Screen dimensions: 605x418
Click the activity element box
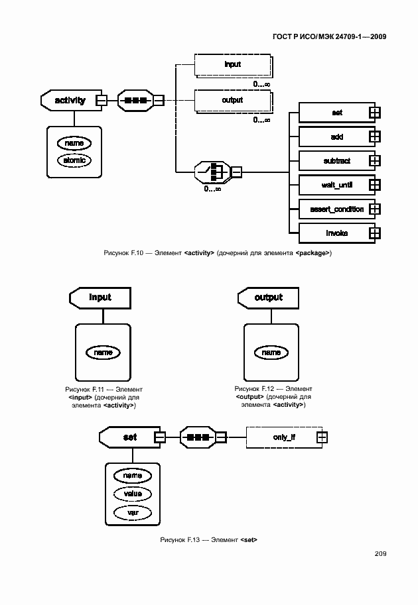(70, 101)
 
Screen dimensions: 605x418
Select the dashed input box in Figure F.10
(232, 65)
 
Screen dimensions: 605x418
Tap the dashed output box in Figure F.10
(232, 101)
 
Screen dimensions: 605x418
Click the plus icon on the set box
(374, 113)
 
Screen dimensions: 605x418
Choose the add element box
(336, 137)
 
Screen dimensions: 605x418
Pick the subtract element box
(336, 161)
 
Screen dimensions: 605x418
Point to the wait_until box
(336, 185)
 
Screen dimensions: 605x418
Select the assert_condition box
(336, 209)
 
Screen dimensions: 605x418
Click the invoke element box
(336, 233)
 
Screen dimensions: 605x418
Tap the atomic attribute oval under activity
(74, 160)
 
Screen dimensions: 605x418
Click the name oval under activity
(74, 142)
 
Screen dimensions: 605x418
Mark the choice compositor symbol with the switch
(214, 173)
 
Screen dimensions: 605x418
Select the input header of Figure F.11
(100, 298)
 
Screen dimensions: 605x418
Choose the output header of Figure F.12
(268, 298)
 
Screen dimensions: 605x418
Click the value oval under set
(133, 494)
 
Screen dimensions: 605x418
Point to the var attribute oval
(133, 512)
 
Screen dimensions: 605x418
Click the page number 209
(380, 554)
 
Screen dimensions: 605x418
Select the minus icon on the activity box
(102, 101)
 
